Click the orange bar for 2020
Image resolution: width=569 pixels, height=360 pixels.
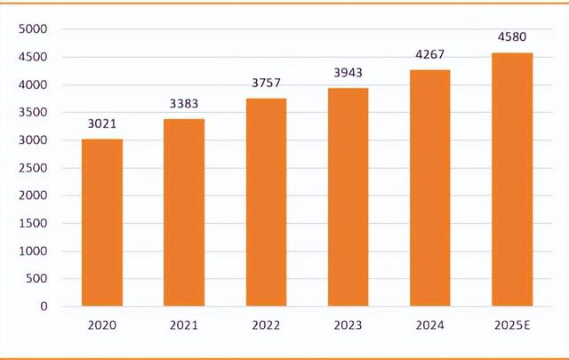coord(102,222)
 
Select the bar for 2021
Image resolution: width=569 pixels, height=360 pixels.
coord(184,212)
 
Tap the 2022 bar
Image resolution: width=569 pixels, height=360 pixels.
coord(266,202)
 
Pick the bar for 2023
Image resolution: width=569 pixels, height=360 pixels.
coord(348,196)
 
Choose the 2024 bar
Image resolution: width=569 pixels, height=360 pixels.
coord(429,188)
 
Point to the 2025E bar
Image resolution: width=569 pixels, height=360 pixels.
coord(512,179)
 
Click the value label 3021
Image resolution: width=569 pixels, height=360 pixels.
coord(102,124)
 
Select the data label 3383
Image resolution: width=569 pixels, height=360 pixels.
coord(184,104)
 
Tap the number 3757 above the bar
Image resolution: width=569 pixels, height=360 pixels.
coord(266,84)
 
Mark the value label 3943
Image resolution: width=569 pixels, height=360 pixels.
coord(348,73)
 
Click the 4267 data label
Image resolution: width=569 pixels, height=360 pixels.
coord(429,54)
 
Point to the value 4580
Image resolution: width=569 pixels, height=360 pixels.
coord(512,37)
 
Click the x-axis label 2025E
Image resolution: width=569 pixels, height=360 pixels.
coord(512,326)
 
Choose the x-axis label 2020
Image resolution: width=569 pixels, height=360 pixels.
coord(102,326)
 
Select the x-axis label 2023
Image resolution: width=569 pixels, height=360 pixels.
coord(348,326)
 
